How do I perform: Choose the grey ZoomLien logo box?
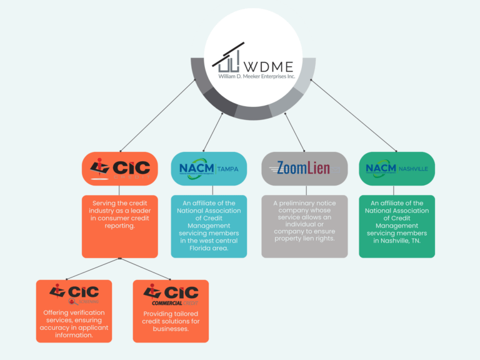(304, 169)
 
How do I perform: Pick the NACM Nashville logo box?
(397, 169)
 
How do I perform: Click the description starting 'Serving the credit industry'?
(119, 214)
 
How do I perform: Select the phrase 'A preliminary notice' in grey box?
(304, 203)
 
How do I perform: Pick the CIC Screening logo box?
(74, 294)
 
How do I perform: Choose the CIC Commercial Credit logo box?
(171, 294)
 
